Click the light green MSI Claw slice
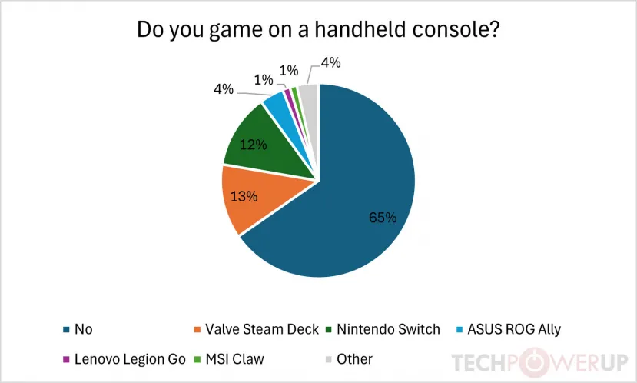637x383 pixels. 295,92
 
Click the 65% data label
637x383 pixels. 382,218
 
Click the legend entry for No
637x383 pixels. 81,329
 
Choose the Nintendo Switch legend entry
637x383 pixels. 391,329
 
